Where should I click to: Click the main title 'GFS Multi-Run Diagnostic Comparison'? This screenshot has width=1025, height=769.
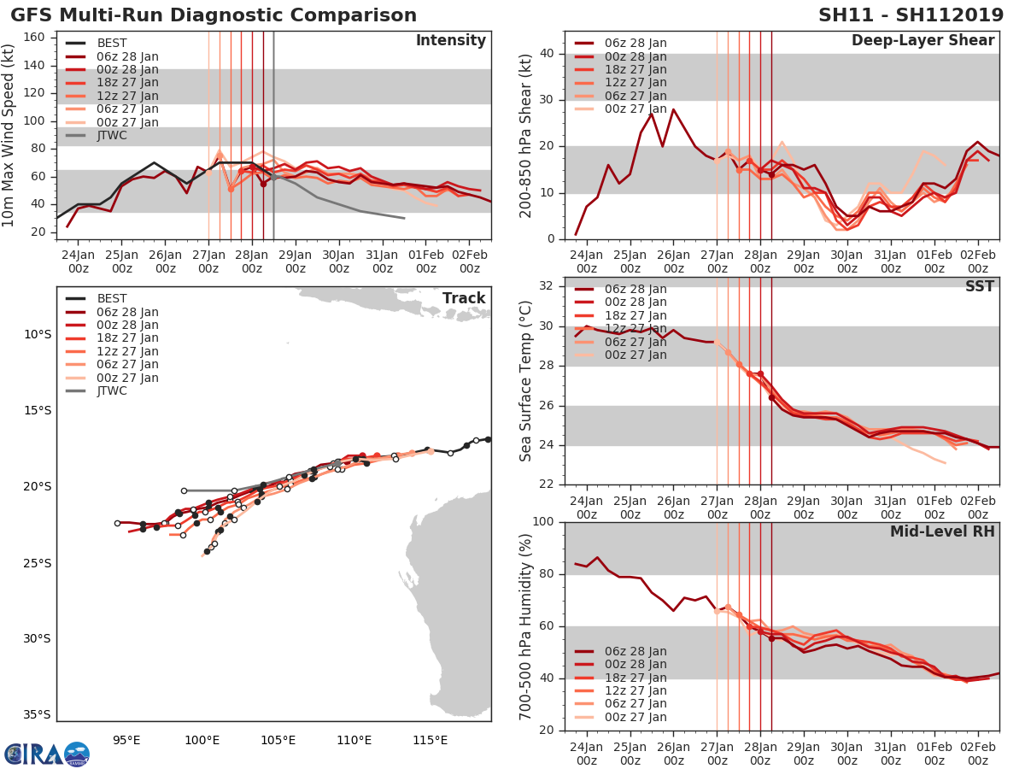coord(214,15)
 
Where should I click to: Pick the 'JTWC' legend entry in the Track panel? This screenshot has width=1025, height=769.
coord(112,391)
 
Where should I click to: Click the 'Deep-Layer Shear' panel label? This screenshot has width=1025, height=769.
coord(922,41)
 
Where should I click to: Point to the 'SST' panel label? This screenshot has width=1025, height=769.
coord(981,286)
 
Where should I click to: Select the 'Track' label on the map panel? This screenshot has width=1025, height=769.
coord(464,298)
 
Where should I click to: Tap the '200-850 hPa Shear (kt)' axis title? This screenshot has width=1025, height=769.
coord(527,135)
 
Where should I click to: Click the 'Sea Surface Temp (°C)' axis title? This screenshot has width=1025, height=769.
coord(527,381)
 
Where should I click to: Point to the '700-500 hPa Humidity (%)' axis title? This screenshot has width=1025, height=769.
coord(527,626)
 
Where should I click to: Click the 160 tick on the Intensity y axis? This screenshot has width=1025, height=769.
coord(35,37)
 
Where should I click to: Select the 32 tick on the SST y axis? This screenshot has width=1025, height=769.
coord(546,286)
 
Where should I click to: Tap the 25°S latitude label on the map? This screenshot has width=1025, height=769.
coord(37,563)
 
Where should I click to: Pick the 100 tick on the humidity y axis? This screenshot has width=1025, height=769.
coord(542,522)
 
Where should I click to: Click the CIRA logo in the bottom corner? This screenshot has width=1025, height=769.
coord(47,754)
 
